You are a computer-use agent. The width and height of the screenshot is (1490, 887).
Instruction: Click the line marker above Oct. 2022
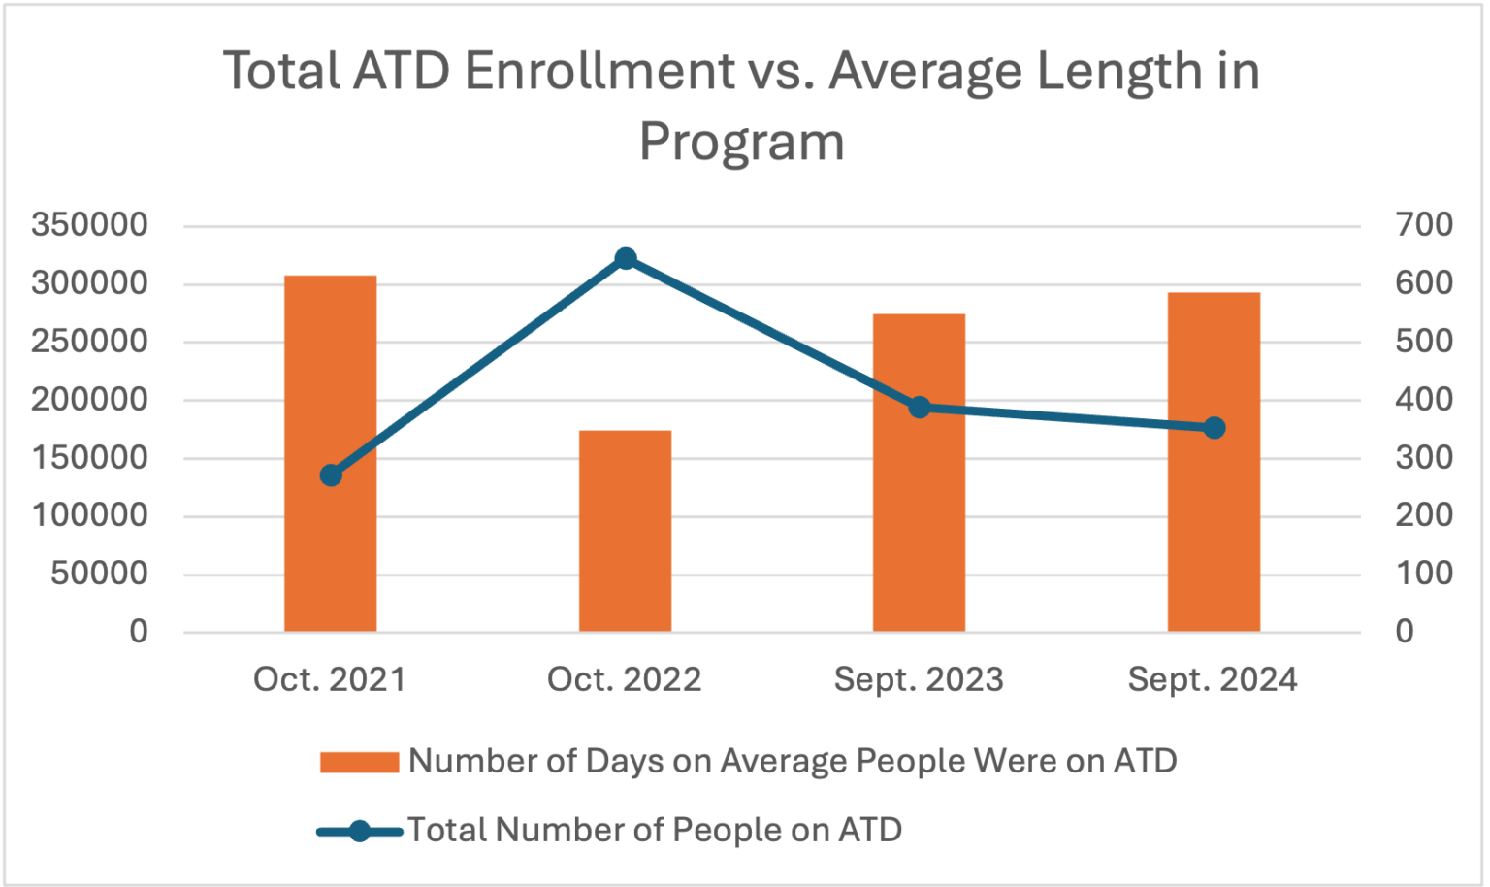tap(626, 258)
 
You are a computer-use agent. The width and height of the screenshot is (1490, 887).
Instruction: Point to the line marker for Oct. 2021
tap(331, 476)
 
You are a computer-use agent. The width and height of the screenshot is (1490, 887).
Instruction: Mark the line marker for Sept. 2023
tap(920, 408)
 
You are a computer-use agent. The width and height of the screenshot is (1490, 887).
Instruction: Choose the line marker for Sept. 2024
tap(1215, 428)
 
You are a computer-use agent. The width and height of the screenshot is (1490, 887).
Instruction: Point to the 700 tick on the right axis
tap(1424, 225)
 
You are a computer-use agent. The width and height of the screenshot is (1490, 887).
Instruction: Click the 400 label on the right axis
tap(1424, 399)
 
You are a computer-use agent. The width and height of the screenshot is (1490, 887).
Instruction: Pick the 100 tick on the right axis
tap(1424, 574)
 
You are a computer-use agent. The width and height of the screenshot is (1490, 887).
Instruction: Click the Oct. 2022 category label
tap(624, 679)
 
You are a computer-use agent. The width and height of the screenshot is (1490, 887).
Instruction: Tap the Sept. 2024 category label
tap(1213, 679)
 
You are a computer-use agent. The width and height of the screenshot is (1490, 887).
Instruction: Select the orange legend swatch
tap(359, 762)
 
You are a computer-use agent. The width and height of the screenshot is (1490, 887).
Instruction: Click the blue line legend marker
tap(359, 832)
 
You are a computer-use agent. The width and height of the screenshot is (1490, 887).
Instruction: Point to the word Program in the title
tap(742, 143)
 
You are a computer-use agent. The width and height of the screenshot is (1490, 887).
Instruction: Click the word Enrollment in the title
tap(599, 72)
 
